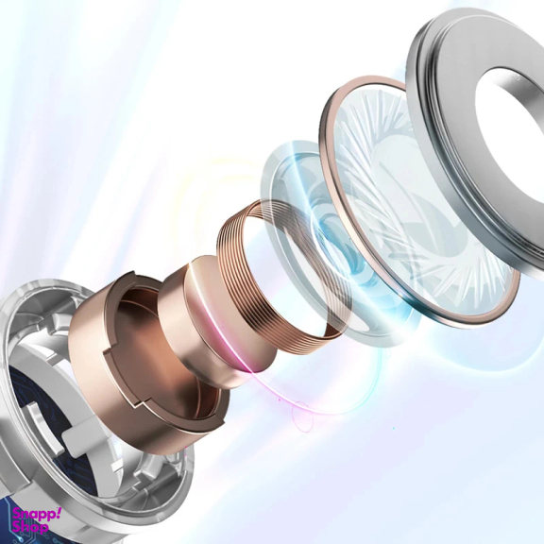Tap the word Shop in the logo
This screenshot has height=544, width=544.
30,528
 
